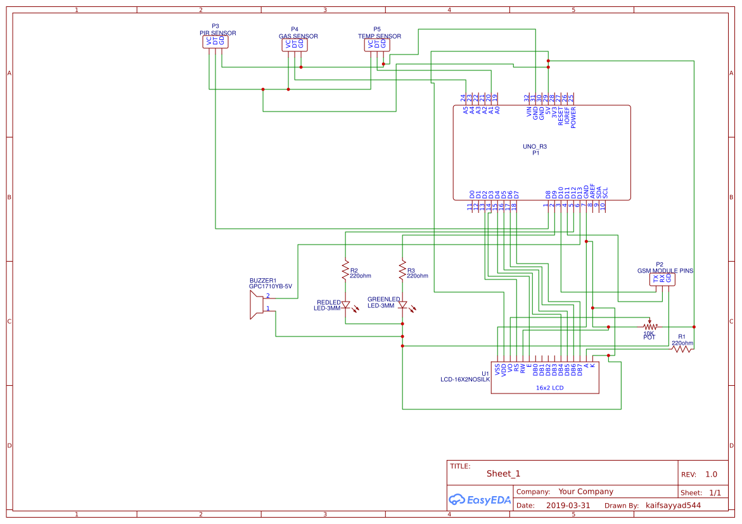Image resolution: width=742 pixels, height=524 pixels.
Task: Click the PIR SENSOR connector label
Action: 215,32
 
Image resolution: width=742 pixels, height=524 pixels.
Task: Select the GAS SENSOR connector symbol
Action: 294,44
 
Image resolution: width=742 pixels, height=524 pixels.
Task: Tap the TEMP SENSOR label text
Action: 379,36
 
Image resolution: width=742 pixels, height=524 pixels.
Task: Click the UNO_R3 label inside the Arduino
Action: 534,146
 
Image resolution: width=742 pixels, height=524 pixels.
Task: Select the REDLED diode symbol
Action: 345,305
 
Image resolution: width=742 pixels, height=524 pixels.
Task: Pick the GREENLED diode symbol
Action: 402,305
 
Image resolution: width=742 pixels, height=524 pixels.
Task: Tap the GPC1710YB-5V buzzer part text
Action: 270,286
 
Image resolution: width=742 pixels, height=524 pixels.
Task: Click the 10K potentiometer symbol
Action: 649,326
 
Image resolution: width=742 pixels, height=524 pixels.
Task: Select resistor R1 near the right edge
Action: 682,348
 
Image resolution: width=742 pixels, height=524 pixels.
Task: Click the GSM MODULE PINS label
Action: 665,271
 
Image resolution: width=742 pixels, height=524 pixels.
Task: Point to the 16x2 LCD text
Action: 549,388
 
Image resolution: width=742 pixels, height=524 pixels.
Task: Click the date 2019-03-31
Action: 567,506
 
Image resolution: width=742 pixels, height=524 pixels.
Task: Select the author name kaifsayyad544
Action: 673,506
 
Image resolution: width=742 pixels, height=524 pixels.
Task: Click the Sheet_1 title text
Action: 503,473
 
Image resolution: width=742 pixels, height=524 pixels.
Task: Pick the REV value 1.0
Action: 711,474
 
